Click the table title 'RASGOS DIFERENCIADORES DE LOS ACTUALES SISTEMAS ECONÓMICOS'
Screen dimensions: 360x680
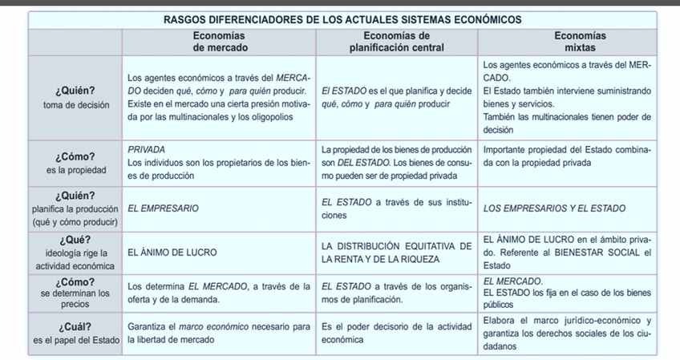tap(341, 19)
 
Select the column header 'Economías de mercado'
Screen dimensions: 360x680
tap(219, 42)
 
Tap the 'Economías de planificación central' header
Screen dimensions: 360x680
tap(396, 42)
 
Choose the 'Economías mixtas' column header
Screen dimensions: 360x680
tap(569, 42)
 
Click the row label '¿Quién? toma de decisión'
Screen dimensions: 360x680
tap(75, 96)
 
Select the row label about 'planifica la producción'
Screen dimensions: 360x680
tap(75, 208)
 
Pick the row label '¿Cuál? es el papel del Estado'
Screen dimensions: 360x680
tap(75, 334)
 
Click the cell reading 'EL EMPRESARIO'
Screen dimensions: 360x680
tap(164, 208)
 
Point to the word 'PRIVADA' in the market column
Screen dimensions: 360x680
tap(147, 149)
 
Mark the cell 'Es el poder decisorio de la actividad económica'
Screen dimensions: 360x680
tap(396, 334)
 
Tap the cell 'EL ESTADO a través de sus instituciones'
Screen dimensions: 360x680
tap(396, 208)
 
